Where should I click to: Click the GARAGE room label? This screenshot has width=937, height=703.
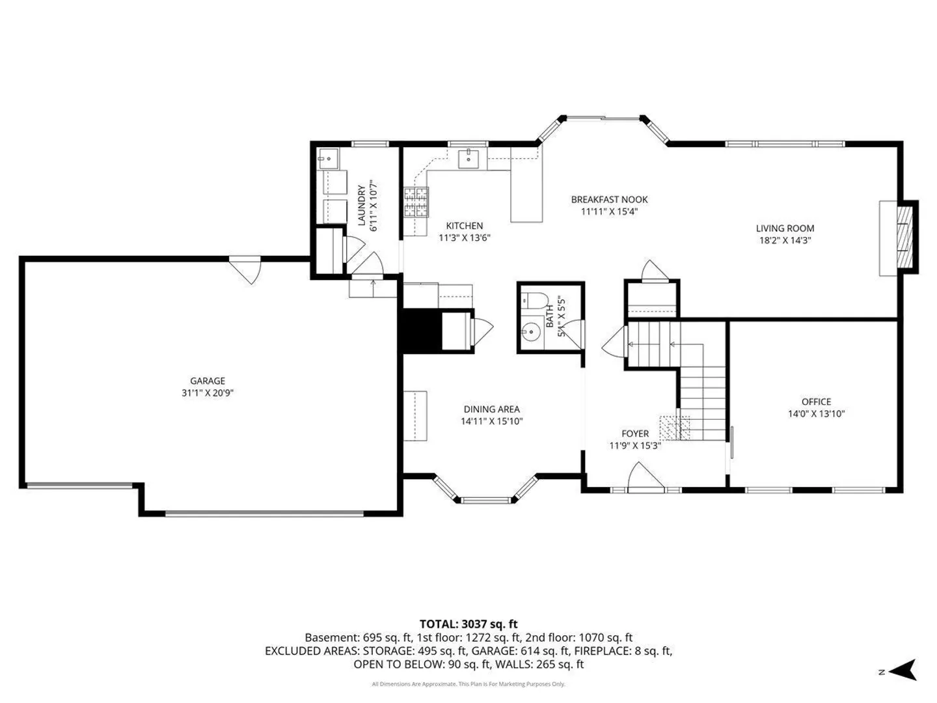pos(208,381)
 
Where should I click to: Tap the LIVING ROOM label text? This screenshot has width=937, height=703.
pos(785,228)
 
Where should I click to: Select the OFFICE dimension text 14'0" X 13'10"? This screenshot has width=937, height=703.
pos(816,413)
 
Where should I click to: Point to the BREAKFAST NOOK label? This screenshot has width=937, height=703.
pos(609,199)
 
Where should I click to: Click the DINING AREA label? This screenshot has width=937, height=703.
pos(492,409)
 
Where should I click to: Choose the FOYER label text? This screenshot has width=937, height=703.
pos(635,434)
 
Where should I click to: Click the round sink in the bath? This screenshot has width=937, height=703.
pos(530,331)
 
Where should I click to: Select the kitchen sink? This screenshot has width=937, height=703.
pos(468,159)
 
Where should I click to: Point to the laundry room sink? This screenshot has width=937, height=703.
pos(329,159)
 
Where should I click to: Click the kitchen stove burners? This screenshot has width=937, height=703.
pos(416,202)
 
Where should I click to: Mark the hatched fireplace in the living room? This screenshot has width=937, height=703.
pos(904,238)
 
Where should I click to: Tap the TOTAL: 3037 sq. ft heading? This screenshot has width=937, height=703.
pos(468,624)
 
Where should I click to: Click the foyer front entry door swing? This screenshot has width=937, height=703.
pos(646,477)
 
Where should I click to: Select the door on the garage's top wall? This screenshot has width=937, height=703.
pos(245,269)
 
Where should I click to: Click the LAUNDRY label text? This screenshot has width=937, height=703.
pos(361,205)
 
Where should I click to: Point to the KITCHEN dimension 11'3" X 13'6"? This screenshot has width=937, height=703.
pos(465,238)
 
